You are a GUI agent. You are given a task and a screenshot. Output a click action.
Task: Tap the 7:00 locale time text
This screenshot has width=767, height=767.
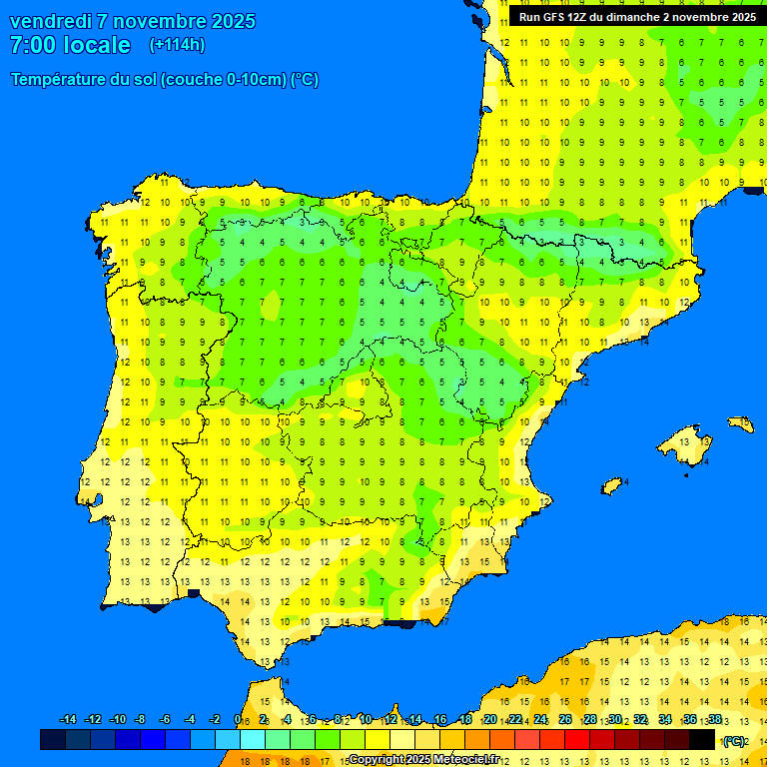[x=70, y=45]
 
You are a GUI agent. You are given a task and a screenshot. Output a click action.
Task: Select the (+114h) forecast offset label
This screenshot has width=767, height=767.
[x=177, y=45]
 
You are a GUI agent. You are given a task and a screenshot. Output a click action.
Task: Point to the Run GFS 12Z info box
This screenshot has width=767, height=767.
[x=636, y=17]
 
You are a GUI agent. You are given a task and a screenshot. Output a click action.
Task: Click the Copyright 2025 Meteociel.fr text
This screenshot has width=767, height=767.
[x=424, y=759]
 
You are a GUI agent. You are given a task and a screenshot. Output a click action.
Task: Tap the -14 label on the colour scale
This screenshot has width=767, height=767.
[x=68, y=720]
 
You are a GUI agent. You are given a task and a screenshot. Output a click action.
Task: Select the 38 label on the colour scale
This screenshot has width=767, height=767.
[x=715, y=720]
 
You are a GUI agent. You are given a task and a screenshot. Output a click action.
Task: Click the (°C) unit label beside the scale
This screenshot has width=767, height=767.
[x=734, y=741]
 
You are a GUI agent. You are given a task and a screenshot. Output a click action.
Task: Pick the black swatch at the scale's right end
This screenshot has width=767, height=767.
[x=702, y=740]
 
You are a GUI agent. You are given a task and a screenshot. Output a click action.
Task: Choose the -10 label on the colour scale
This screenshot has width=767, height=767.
[x=117, y=720]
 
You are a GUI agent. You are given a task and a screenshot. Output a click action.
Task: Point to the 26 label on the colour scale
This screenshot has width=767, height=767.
[x=565, y=720]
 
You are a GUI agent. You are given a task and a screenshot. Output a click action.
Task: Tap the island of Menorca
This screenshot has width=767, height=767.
[x=740, y=423]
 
